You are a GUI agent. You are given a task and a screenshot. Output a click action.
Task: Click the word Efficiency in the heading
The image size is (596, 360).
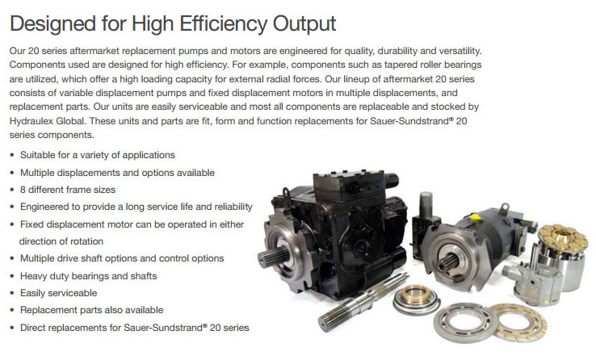coord(224,24)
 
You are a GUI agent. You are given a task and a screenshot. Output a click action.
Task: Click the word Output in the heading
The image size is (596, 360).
coord(304,24)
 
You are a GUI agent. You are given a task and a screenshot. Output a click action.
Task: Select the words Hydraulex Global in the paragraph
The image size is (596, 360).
coord(47,121)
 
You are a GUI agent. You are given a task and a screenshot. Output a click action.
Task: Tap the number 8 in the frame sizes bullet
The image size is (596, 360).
coord(23,190)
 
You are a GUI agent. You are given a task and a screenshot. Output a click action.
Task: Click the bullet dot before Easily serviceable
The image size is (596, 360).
coord(12,294)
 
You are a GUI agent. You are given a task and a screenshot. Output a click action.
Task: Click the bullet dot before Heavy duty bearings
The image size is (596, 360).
coord(12,276)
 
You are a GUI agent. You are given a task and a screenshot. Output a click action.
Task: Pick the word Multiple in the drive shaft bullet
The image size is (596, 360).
coord(37,258)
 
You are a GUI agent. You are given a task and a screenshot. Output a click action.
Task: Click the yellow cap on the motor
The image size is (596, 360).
coord(473,217)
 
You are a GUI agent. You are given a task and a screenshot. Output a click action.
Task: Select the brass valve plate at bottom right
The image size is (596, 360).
coord(518,322)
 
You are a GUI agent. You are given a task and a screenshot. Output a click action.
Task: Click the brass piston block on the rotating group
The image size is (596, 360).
coord(563,238)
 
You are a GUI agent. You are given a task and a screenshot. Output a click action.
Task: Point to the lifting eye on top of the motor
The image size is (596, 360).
coord(505,207)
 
